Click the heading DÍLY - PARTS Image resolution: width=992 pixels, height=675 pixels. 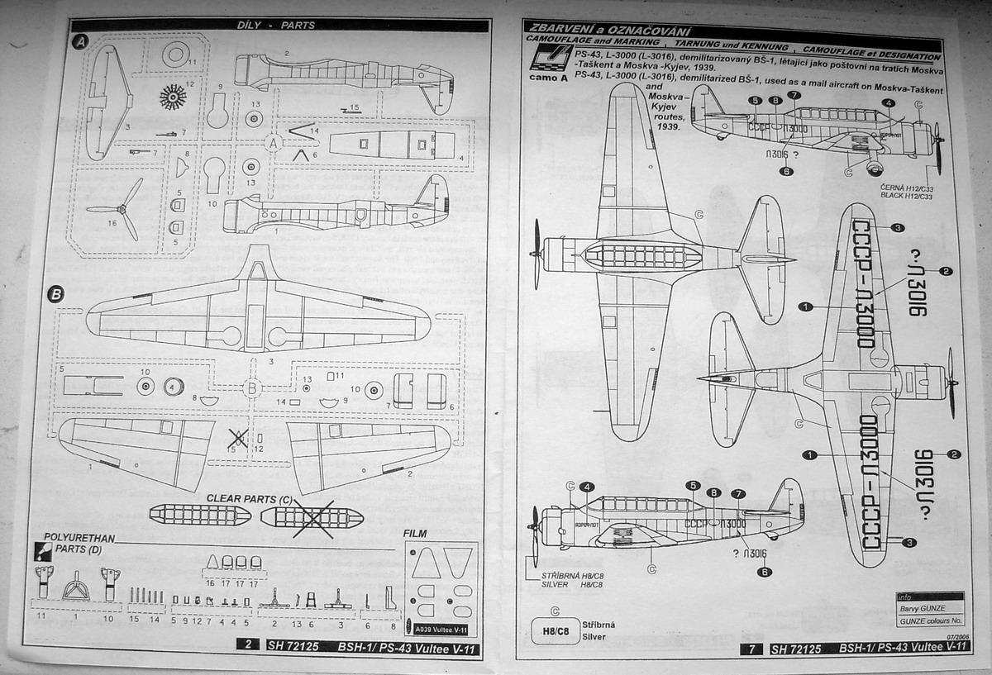tap(281, 26)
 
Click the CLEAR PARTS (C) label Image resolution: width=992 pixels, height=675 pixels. tap(249, 498)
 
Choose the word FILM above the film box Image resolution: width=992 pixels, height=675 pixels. tap(415, 534)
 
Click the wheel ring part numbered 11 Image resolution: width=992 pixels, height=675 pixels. tap(176, 55)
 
